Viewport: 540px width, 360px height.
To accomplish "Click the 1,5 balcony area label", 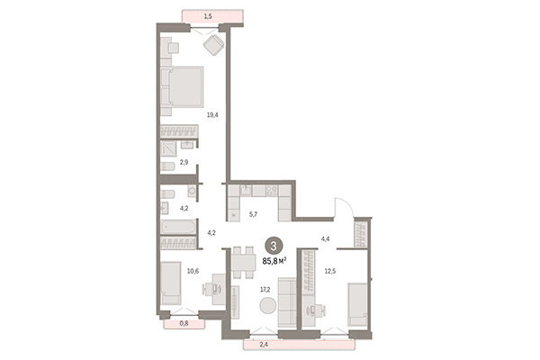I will coord(208,16).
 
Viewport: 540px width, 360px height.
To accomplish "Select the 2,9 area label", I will coord(184,162).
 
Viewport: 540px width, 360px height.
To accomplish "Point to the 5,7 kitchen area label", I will coord(254,214).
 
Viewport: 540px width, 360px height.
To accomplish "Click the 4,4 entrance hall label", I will coord(327,238).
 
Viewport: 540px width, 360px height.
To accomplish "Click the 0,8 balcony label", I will coord(184,321).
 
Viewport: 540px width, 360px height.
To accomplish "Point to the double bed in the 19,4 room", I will coord(186,88).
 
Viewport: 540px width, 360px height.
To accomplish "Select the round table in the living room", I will coord(268,307).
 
